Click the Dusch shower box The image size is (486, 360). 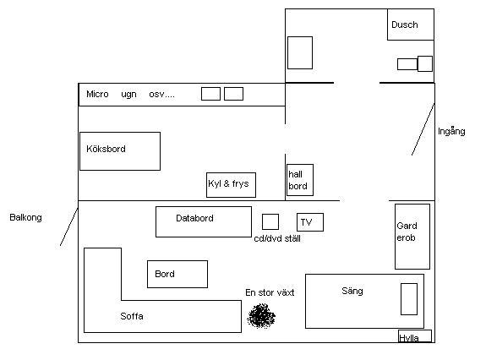coord(411,25)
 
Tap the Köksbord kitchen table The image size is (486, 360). coord(120,151)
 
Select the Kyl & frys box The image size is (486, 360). coord(231,185)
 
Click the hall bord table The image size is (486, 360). coord(300,180)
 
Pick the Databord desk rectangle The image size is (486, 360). coord(204,221)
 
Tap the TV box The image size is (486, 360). coord(310,222)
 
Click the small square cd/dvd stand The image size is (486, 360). coord(270,221)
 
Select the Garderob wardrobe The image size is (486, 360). coord(412,237)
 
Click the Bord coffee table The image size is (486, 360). coord(177,274)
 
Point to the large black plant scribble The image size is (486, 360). coord(261,316)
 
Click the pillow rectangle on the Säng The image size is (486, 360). coord(409,299)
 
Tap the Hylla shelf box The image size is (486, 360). coord(415,336)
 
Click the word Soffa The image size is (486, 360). coord(132,316)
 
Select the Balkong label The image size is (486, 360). coord(25,217)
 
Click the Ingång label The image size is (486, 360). coord(451,131)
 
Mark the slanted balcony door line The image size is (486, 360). coord(68,227)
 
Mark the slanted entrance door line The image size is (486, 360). coord(423,129)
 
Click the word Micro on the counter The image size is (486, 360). coord(97,94)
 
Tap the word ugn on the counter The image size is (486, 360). coord(128,95)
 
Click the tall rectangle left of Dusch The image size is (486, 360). coord(300,52)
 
